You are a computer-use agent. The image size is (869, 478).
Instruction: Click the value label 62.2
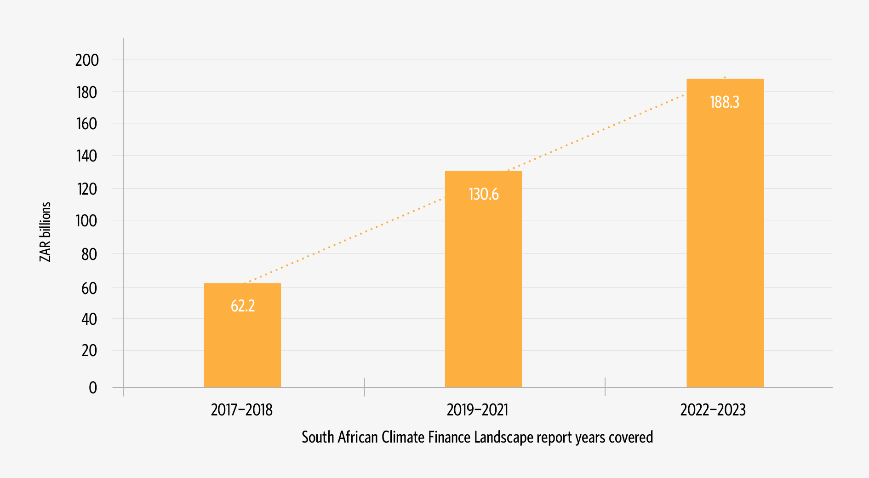[243, 306]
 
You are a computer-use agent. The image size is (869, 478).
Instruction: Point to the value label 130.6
[483, 194]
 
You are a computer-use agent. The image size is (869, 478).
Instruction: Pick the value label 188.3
[725, 102]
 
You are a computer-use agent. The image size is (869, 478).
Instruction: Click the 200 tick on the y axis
[87, 60]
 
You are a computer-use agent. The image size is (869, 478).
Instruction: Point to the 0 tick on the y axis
[93, 388]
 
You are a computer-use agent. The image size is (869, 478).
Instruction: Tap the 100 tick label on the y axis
[87, 221]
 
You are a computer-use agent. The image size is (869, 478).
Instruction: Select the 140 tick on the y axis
[87, 156]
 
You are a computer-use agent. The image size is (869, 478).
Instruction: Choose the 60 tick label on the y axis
[89, 288]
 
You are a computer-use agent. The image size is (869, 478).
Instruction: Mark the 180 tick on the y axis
[87, 92]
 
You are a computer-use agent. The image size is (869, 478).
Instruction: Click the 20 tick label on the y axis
[89, 351]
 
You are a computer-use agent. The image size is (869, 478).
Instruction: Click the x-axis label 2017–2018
[242, 410]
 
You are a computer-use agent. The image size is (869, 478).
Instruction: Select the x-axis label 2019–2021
[478, 410]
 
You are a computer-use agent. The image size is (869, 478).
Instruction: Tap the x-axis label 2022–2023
[713, 410]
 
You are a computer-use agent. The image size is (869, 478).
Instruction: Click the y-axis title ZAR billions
[45, 232]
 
